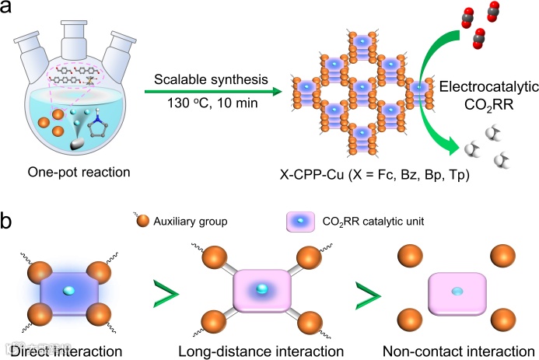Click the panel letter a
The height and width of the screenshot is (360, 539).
pos(10,11)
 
